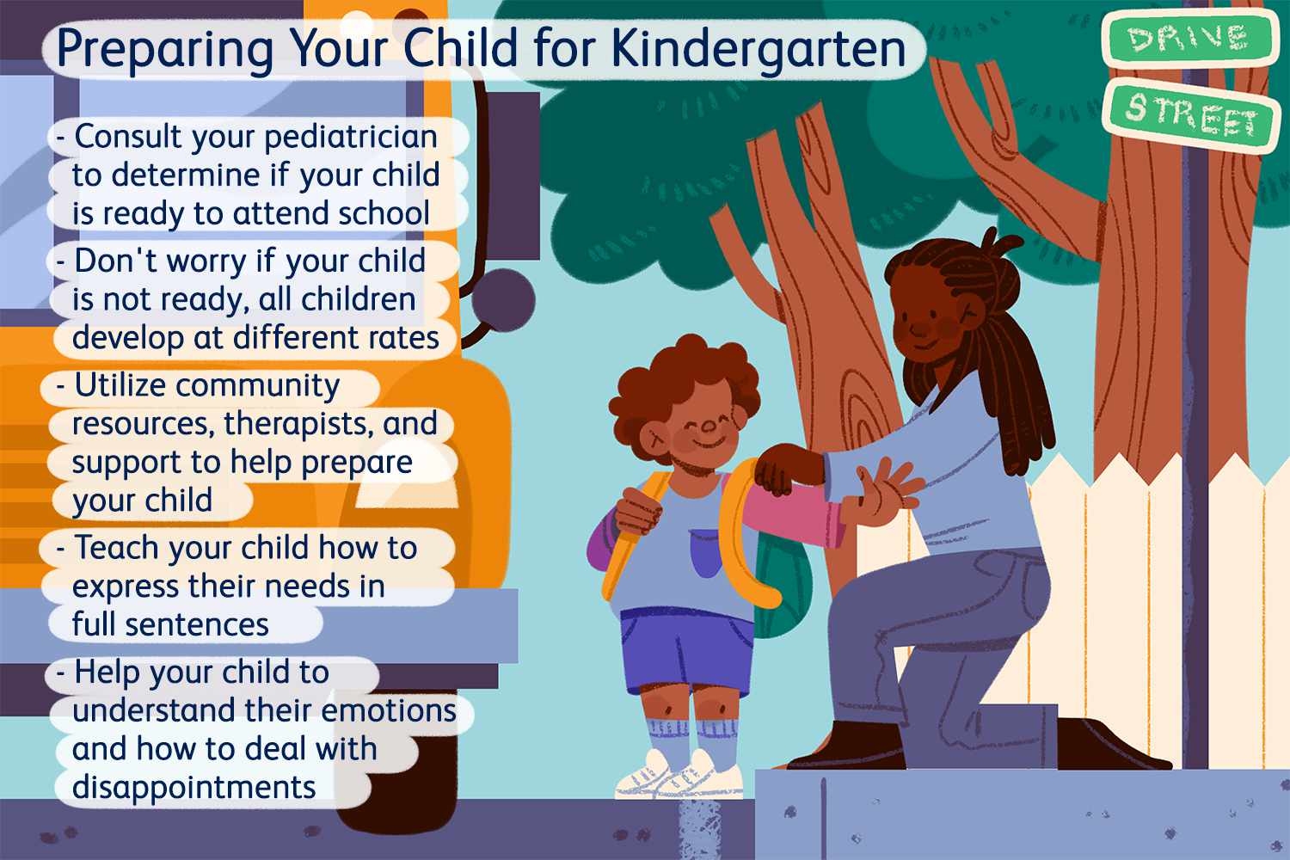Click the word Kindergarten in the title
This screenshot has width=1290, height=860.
(x=758, y=49)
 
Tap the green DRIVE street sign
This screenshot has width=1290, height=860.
(x=1189, y=39)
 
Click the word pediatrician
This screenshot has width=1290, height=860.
(x=351, y=138)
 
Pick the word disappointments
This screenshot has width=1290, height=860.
(x=193, y=787)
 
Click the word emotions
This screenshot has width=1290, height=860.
(x=393, y=710)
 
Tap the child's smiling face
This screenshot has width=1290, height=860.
(x=701, y=430)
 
